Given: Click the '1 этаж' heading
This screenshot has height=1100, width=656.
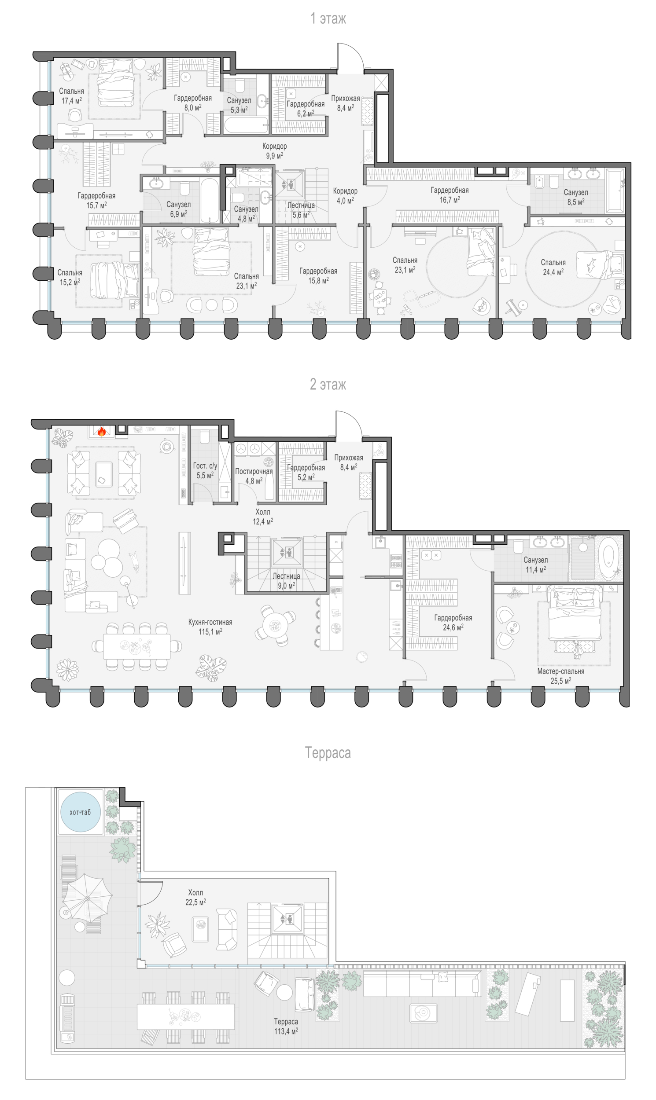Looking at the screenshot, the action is click(x=328, y=18).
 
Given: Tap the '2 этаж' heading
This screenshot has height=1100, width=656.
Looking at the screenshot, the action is click(x=328, y=384).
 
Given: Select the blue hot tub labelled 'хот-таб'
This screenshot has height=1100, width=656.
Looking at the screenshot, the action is click(x=80, y=812).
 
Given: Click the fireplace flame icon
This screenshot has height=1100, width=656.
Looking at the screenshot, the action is click(x=102, y=432).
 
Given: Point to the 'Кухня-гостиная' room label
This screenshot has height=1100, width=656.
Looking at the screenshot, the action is click(x=210, y=622).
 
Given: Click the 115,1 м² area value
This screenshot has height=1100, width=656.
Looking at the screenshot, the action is click(x=210, y=632).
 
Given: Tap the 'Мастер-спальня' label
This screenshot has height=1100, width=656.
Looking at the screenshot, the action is click(x=560, y=671).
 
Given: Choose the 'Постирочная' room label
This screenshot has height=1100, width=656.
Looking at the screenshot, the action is click(x=254, y=471).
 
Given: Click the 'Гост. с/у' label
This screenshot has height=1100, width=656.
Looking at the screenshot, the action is click(x=205, y=466).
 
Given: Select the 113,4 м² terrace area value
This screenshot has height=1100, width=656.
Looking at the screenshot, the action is click(x=286, y=1031).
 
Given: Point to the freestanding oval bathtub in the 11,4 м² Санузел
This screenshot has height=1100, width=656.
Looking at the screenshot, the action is click(x=610, y=557).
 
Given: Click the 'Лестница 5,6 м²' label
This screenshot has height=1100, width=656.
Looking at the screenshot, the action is click(x=301, y=210).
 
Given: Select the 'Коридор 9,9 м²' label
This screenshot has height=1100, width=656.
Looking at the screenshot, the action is click(x=275, y=150).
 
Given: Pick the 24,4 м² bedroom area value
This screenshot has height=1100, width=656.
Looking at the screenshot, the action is click(x=553, y=272).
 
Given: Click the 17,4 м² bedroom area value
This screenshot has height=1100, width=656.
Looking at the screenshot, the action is click(x=72, y=101).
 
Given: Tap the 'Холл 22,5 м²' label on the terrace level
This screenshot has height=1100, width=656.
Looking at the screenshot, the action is click(x=195, y=897).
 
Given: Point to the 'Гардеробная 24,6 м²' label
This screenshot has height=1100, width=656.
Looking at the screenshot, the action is click(x=453, y=623).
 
